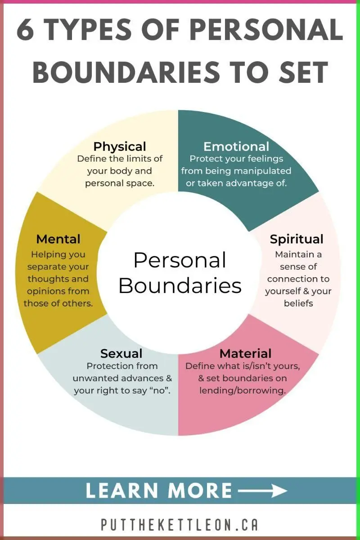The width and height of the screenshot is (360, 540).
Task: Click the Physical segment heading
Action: pyautogui.click(x=120, y=147)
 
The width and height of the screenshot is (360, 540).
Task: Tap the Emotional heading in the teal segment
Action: pyautogui.click(x=236, y=147)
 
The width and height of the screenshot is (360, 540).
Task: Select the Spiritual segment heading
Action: pyautogui.click(x=297, y=239)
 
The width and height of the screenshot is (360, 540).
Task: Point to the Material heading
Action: pyautogui.click(x=245, y=354)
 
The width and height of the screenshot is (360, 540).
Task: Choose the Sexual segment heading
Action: pyautogui.click(x=121, y=354)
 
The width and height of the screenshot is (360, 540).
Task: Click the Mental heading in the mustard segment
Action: pyautogui.click(x=58, y=239)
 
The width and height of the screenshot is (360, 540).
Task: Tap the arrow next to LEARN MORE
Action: pyautogui.click(x=262, y=490)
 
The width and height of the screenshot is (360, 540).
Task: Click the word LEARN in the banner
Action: pyautogui.click(x=122, y=490)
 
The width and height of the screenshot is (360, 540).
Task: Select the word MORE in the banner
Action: pyautogui.click(x=200, y=490)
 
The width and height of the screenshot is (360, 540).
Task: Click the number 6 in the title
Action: pyautogui.click(x=25, y=30)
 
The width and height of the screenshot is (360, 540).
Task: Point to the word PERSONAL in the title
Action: pyautogui.click(x=266, y=30)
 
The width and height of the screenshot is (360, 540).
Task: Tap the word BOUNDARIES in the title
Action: pyautogui.click(x=126, y=72)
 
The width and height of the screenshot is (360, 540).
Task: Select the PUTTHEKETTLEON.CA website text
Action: pyautogui.click(x=180, y=524)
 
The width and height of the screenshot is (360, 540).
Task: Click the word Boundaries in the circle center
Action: pyautogui.click(x=180, y=286)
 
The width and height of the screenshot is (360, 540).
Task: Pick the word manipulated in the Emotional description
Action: pyautogui.click(x=263, y=171)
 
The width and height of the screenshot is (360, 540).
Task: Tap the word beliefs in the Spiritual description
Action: pyautogui.click(x=298, y=303)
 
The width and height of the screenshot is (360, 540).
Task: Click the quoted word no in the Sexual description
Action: pyautogui.click(x=160, y=390)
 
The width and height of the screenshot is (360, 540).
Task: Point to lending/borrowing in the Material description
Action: pyautogui.click(x=243, y=391)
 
